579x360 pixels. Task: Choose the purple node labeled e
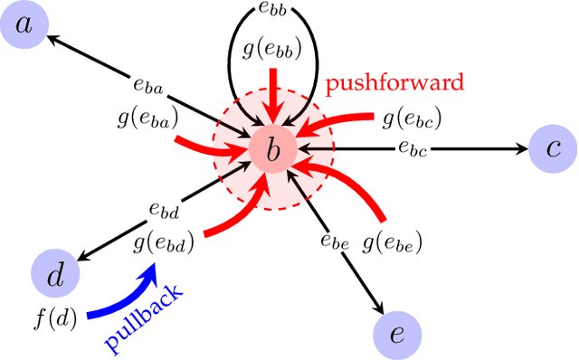pos(395,333)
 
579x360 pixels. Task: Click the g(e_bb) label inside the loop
pos(272,49)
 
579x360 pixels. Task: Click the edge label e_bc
pos(411,146)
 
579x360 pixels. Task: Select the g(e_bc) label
pos(412,118)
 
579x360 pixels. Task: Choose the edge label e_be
pos(334,241)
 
